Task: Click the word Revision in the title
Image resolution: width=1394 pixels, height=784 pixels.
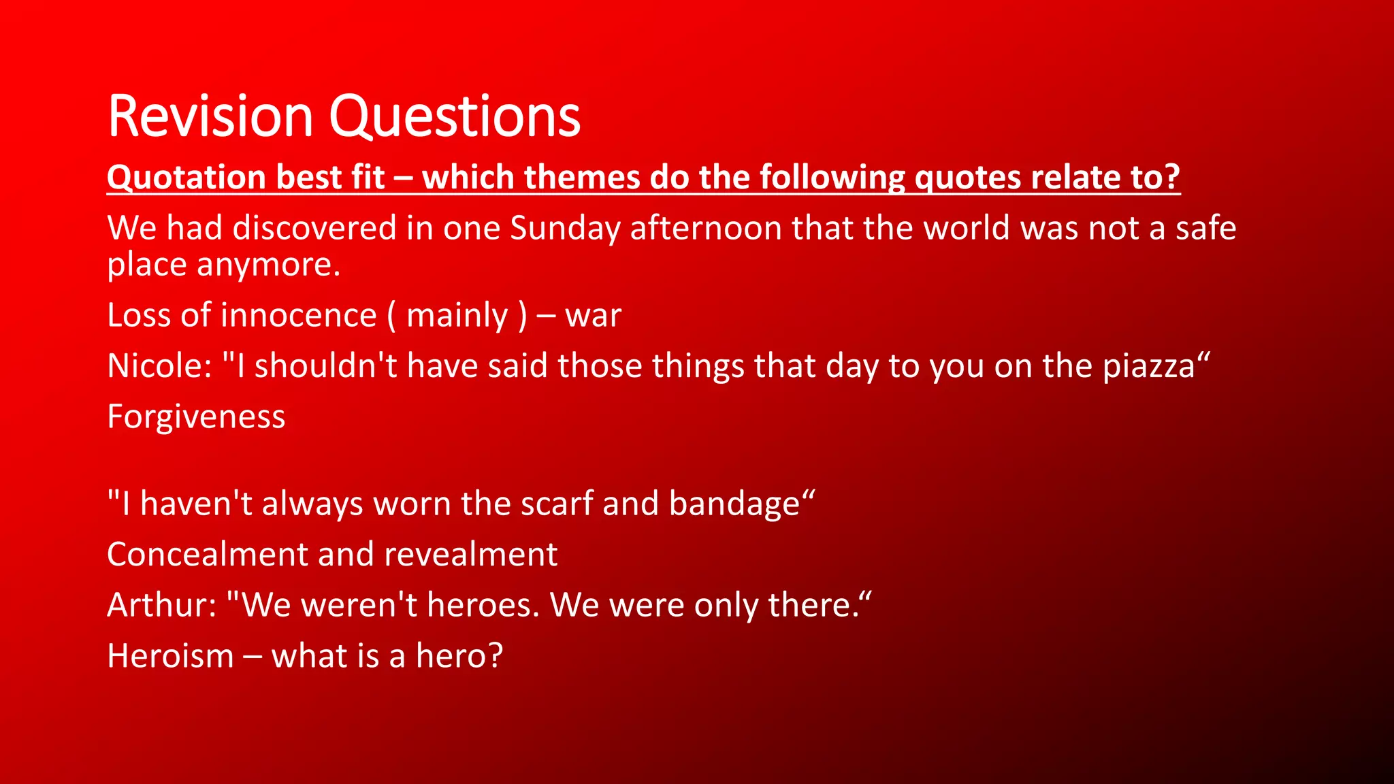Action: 210,117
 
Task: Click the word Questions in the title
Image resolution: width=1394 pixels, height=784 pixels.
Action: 455,117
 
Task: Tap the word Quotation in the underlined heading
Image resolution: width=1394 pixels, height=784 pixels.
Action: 186,178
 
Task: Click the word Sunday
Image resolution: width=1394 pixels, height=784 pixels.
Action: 565,228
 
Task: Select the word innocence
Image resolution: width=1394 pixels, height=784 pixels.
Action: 299,316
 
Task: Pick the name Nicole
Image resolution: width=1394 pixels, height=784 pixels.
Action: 156,366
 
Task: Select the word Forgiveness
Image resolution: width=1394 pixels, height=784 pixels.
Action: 196,417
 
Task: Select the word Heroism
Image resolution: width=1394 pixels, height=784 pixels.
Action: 170,656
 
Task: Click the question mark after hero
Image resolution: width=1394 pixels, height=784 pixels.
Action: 495,656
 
